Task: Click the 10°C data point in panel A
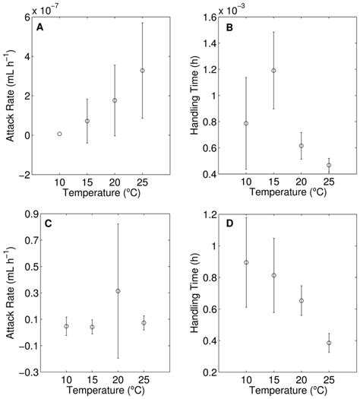point(59,134)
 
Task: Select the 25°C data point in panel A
point(142,71)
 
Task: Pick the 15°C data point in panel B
point(273,71)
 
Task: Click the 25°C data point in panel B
point(329,165)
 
